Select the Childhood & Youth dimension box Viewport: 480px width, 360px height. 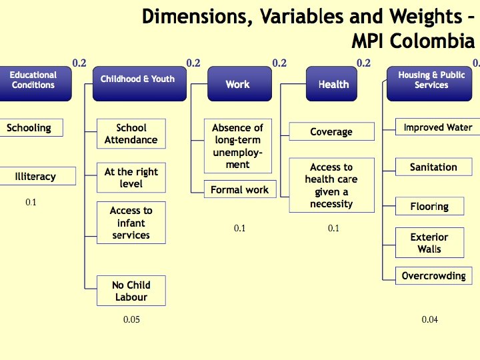[x=137, y=83]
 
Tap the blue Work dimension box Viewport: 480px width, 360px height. [x=237, y=84]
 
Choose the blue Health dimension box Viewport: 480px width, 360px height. [x=333, y=84]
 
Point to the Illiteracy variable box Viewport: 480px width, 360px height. [x=36, y=177]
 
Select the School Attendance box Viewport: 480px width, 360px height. [x=131, y=134]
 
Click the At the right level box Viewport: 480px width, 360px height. [x=131, y=178]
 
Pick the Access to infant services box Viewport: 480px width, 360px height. [x=131, y=223]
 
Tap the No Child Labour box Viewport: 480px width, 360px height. [x=131, y=291]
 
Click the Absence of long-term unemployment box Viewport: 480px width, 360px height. [x=238, y=146]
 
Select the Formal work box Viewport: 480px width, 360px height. [x=239, y=190]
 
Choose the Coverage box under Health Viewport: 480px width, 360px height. [x=331, y=132]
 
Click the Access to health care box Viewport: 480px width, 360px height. [x=331, y=185]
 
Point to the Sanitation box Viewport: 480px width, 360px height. [x=433, y=167]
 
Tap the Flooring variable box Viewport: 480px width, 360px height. [x=429, y=207]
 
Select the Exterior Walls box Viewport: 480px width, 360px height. [x=429, y=243]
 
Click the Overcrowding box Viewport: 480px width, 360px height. [x=433, y=276]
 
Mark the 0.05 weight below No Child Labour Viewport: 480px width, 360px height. [x=131, y=320]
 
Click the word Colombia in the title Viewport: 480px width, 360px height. [x=432, y=41]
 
